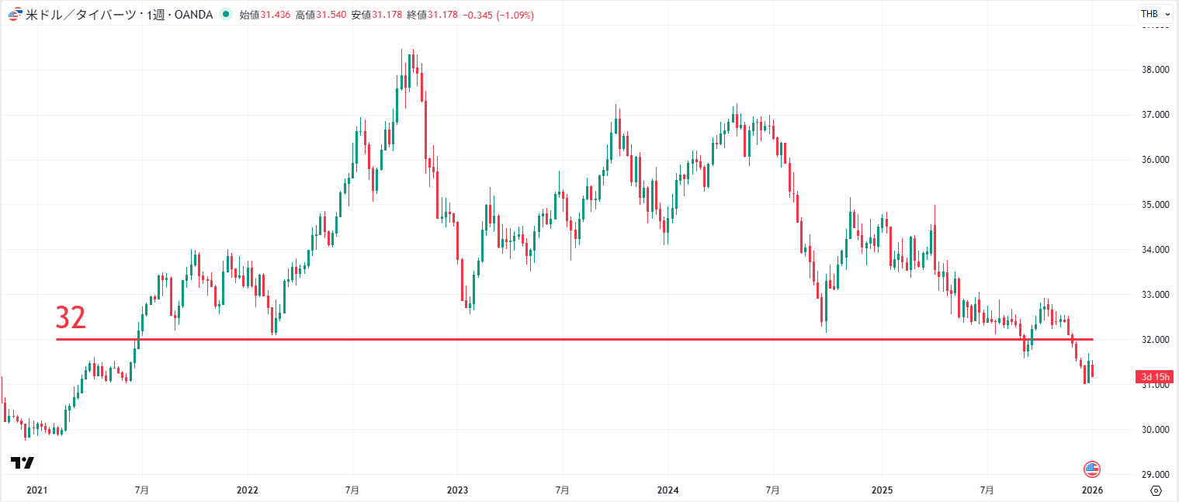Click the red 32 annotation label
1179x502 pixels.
(71, 318)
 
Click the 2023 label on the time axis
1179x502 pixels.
(457, 490)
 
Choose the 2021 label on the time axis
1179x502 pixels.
(37, 490)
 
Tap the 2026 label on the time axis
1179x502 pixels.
(1092, 490)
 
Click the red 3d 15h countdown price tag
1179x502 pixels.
(1156, 377)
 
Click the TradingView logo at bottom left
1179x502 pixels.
(23, 463)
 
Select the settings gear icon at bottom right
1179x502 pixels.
(1156, 490)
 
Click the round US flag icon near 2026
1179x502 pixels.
(1092, 469)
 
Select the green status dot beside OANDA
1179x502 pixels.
(226, 14)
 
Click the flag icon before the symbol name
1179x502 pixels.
(14, 15)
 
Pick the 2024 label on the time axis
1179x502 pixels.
(668, 490)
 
